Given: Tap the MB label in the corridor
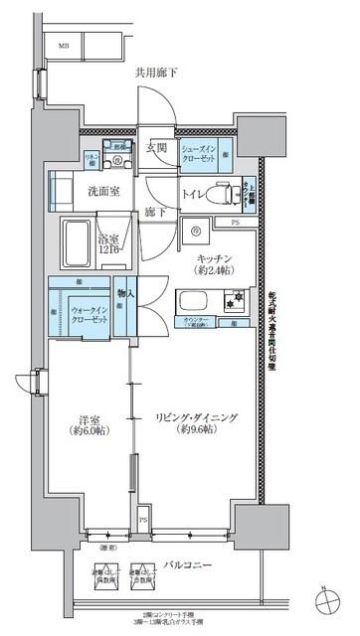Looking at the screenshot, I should coord(63,46).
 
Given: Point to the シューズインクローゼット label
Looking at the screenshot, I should coord(200,151).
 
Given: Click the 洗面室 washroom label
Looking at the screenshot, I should coord(103,191).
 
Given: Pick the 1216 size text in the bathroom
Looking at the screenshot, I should coord(108,249).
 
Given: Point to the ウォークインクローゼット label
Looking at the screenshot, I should coord(90,314).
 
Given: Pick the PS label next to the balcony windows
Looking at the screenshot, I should coord(143,520).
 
